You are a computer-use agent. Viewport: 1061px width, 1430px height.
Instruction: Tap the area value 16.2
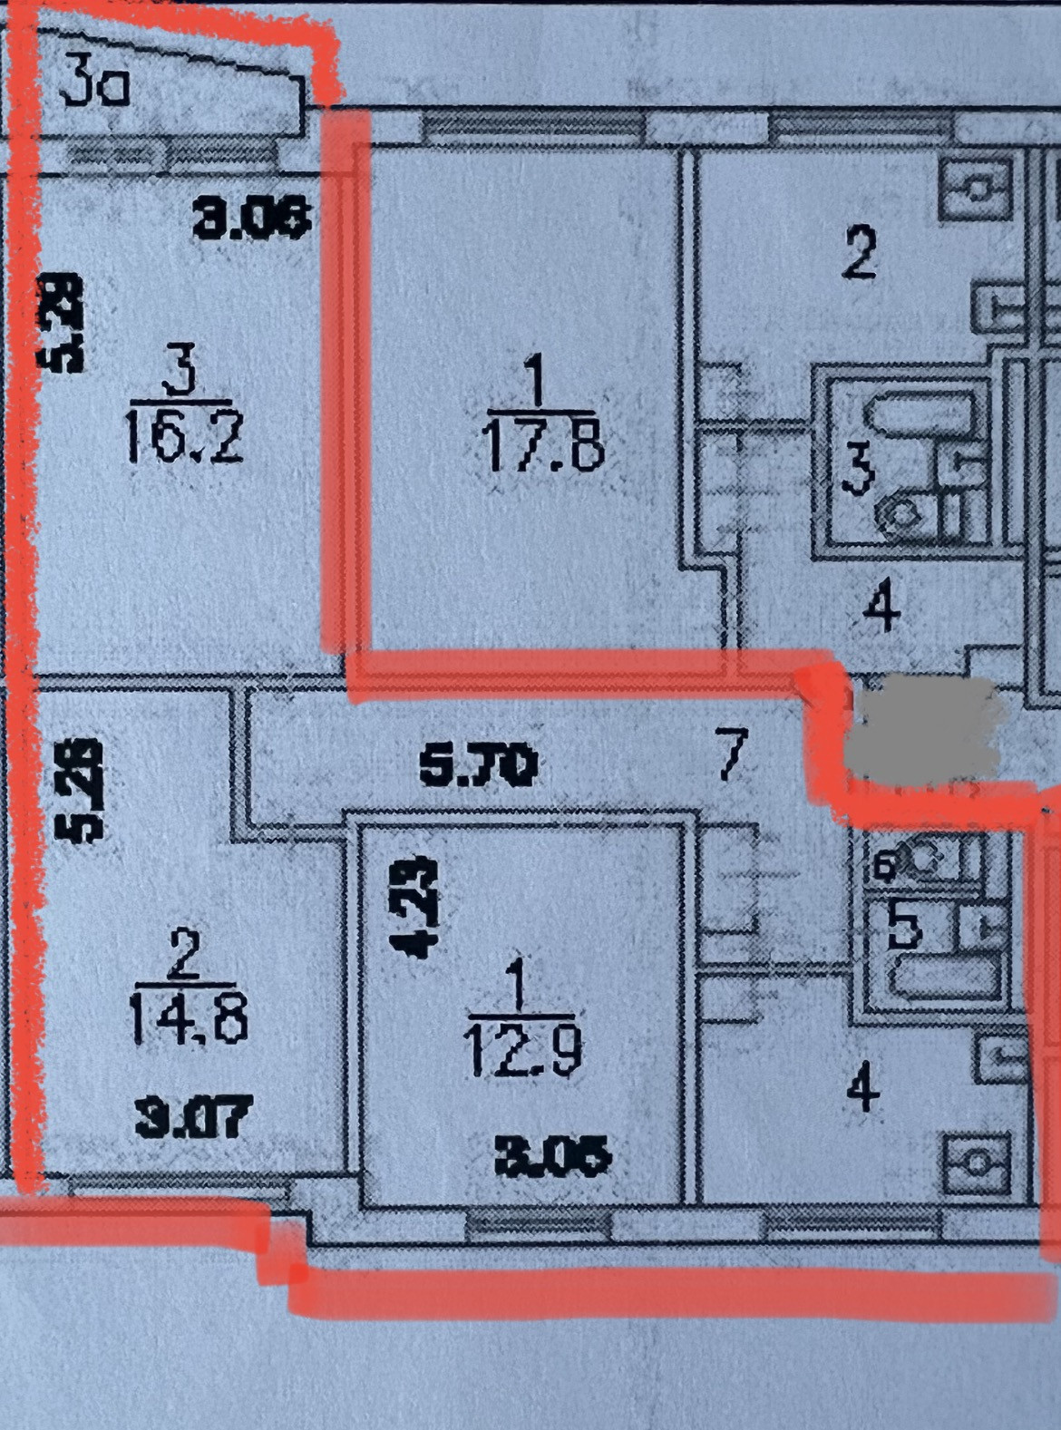pyautogui.click(x=183, y=443)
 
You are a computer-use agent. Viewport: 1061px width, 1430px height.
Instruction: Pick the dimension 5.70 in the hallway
pyautogui.click(x=478, y=766)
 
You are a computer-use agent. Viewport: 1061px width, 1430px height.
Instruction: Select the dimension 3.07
pyautogui.click(x=190, y=1117)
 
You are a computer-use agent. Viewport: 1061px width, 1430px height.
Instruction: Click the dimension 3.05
pyautogui.click(x=552, y=1156)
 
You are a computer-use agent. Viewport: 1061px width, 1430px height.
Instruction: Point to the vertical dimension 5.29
pyautogui.click(x=62, y=324)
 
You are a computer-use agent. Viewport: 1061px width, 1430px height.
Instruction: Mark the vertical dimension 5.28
pyautogui.click(x=77, y=790)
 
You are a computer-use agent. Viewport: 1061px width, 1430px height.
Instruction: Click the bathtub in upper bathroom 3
pyautogui.click(x=919, y=414)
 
